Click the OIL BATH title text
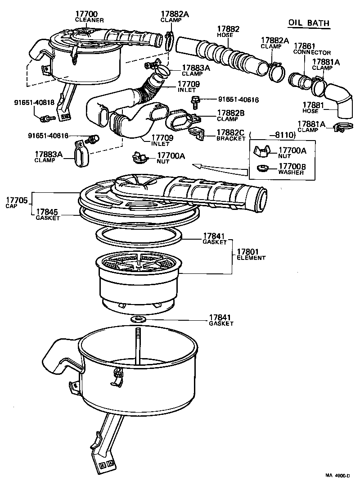tap(309, 23)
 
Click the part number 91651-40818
tap(34, 102)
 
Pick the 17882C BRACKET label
tap(231, 135)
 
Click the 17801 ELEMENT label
tap(251, 255)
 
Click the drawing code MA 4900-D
tap(337, 475)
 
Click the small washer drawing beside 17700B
tap(262, 168)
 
